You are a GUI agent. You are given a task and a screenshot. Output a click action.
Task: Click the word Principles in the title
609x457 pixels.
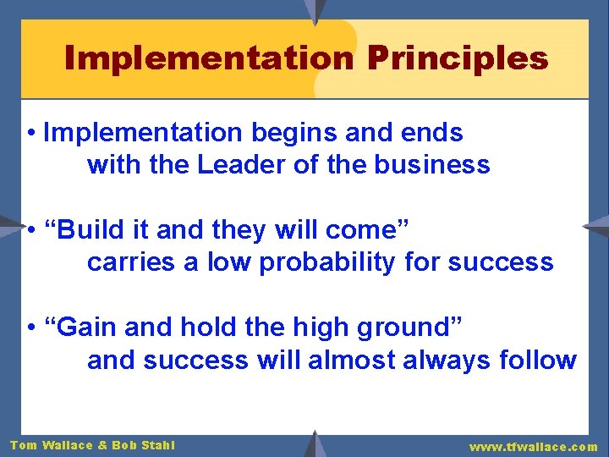pyautogui.click(x=458, y=58)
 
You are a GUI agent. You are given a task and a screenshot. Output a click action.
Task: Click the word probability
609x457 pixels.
pyautogui.click(x=327, y=263)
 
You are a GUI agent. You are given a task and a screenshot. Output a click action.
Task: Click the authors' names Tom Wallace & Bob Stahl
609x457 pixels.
pyautogui.click(x=92, y=445)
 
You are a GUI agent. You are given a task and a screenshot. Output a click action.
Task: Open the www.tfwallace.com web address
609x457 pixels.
pyautogui.click(x=534, y=446)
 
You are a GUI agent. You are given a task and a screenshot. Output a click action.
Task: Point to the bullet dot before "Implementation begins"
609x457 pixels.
pyautogui.click(x=30, y=134)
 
